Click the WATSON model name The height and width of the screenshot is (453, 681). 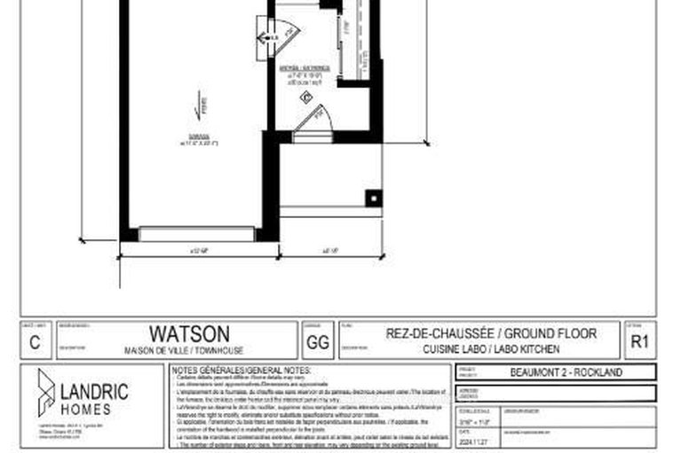(x=188, y=333)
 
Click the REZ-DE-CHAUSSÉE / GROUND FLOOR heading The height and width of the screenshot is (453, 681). (x=491, y=333)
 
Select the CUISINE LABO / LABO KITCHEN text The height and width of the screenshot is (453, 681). (x=491, y=350)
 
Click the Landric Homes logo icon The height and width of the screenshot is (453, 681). (x=45, y=393)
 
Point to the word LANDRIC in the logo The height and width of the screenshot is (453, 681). (x=94, y=391)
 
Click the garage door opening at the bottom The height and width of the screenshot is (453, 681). (x=197, y=235)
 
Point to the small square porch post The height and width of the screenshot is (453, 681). (x=374, y=198)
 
